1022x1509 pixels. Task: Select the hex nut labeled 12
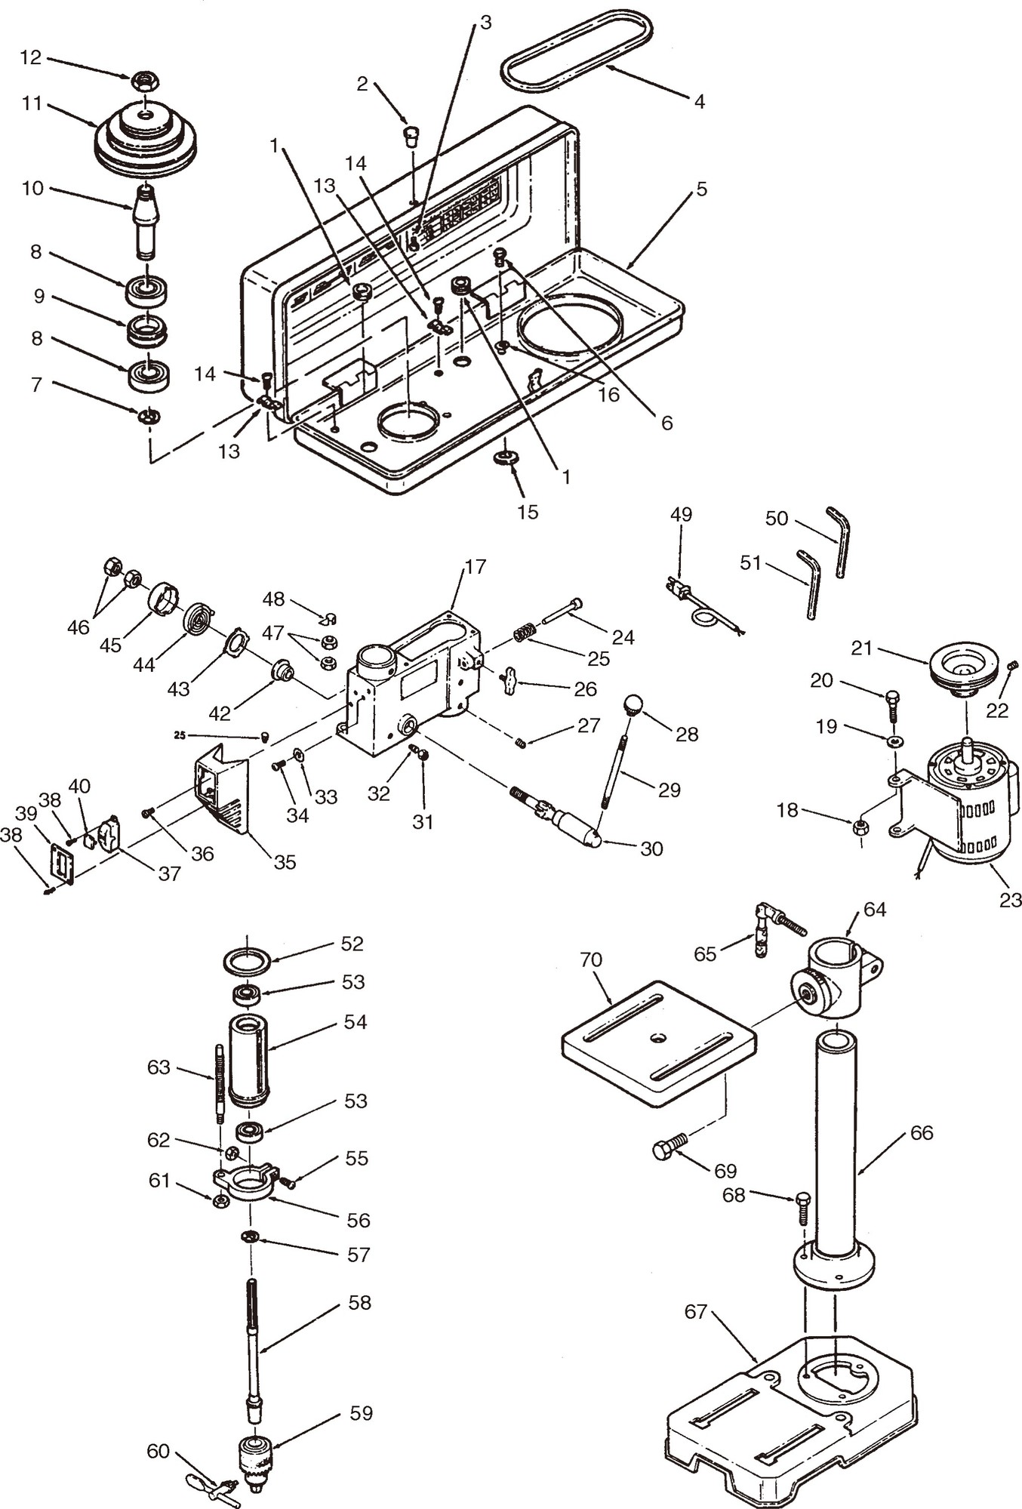pos(144,79)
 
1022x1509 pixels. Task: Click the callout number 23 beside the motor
pos(1010,899)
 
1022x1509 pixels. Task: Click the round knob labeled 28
pos(633,706)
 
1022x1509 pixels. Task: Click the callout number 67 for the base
pos(695,1311)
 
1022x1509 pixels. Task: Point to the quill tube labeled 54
pos(248,1059)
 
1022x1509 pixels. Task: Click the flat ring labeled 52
pos(247,962)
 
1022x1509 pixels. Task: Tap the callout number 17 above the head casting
pos(476,566)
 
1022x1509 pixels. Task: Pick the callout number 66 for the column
pos(922,1132)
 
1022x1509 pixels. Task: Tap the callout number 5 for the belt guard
pos(701,189)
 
